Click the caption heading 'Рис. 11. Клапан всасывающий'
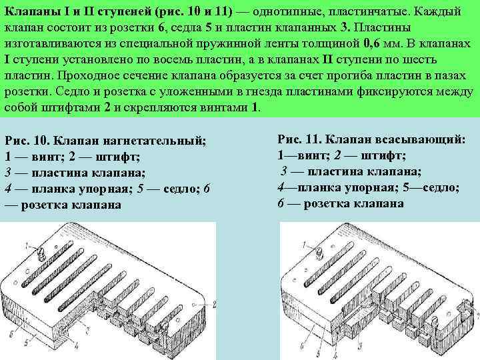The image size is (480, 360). point(371,139)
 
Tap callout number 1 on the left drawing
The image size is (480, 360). point(27,247)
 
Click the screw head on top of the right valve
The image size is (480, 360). point(319,253)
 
